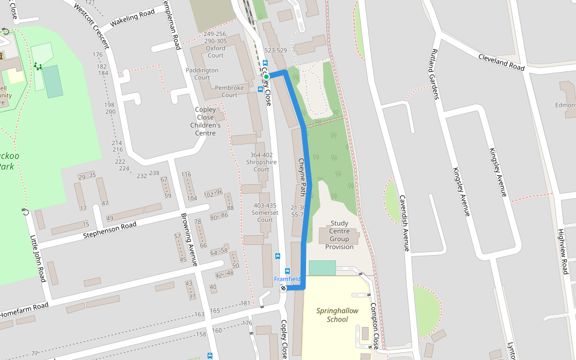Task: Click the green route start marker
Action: pyautogui.click(x=266, y=76)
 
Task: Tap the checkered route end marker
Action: pyautogui.click(x=283, y=288)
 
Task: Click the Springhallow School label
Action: pyautogui.click(x=337, y=315)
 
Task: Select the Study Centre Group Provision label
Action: pyautogui.click(x=339, y=235)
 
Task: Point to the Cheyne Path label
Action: pyautogui.click(x=302, y=178)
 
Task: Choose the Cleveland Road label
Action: pyautogui.click(x=501, y=61)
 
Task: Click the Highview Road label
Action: pyautogui.click(x=562, y=251)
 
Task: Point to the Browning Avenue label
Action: pyautogui.click(x=190, y=239)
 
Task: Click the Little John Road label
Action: pyautogui.click(x=37, y=259)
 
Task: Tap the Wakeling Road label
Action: pyautogui.click(x=133, y=19)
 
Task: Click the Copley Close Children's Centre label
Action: pyautogui.click(x=205, y=121)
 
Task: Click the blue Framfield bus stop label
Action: pyautogui.click(x=287, y=279)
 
